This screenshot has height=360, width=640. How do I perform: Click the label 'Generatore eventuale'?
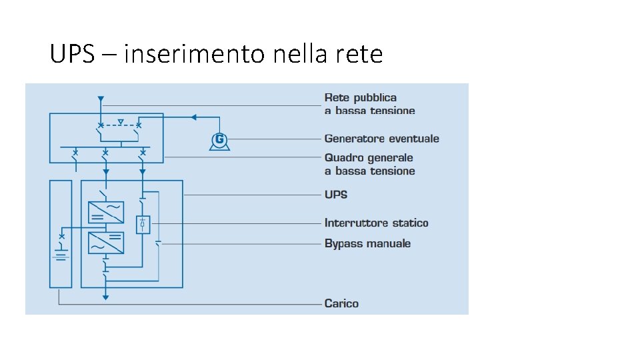[381, 139]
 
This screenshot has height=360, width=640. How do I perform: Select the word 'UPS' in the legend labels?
[336, 195]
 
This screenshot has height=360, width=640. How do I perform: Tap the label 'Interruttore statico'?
[376, 223]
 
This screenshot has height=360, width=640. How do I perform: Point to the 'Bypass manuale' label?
[367, 243]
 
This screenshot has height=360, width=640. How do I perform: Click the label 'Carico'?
[341, 303]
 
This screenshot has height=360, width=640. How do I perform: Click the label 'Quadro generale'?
[369, 158]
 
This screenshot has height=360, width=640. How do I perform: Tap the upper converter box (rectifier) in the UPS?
[106, 212]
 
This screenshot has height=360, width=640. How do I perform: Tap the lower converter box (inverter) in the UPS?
[106, 242]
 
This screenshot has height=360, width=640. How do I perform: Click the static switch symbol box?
[143, 225]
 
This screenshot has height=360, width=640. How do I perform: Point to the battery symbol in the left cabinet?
[61, 256]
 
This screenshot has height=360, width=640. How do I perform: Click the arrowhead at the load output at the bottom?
[105, 297]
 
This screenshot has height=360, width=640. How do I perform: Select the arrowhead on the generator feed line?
[193, 117]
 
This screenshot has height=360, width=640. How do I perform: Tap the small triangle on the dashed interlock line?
[120, 122]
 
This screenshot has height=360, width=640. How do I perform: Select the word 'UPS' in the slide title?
[72, 53]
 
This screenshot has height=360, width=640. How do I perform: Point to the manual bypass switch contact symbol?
[158, 243]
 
